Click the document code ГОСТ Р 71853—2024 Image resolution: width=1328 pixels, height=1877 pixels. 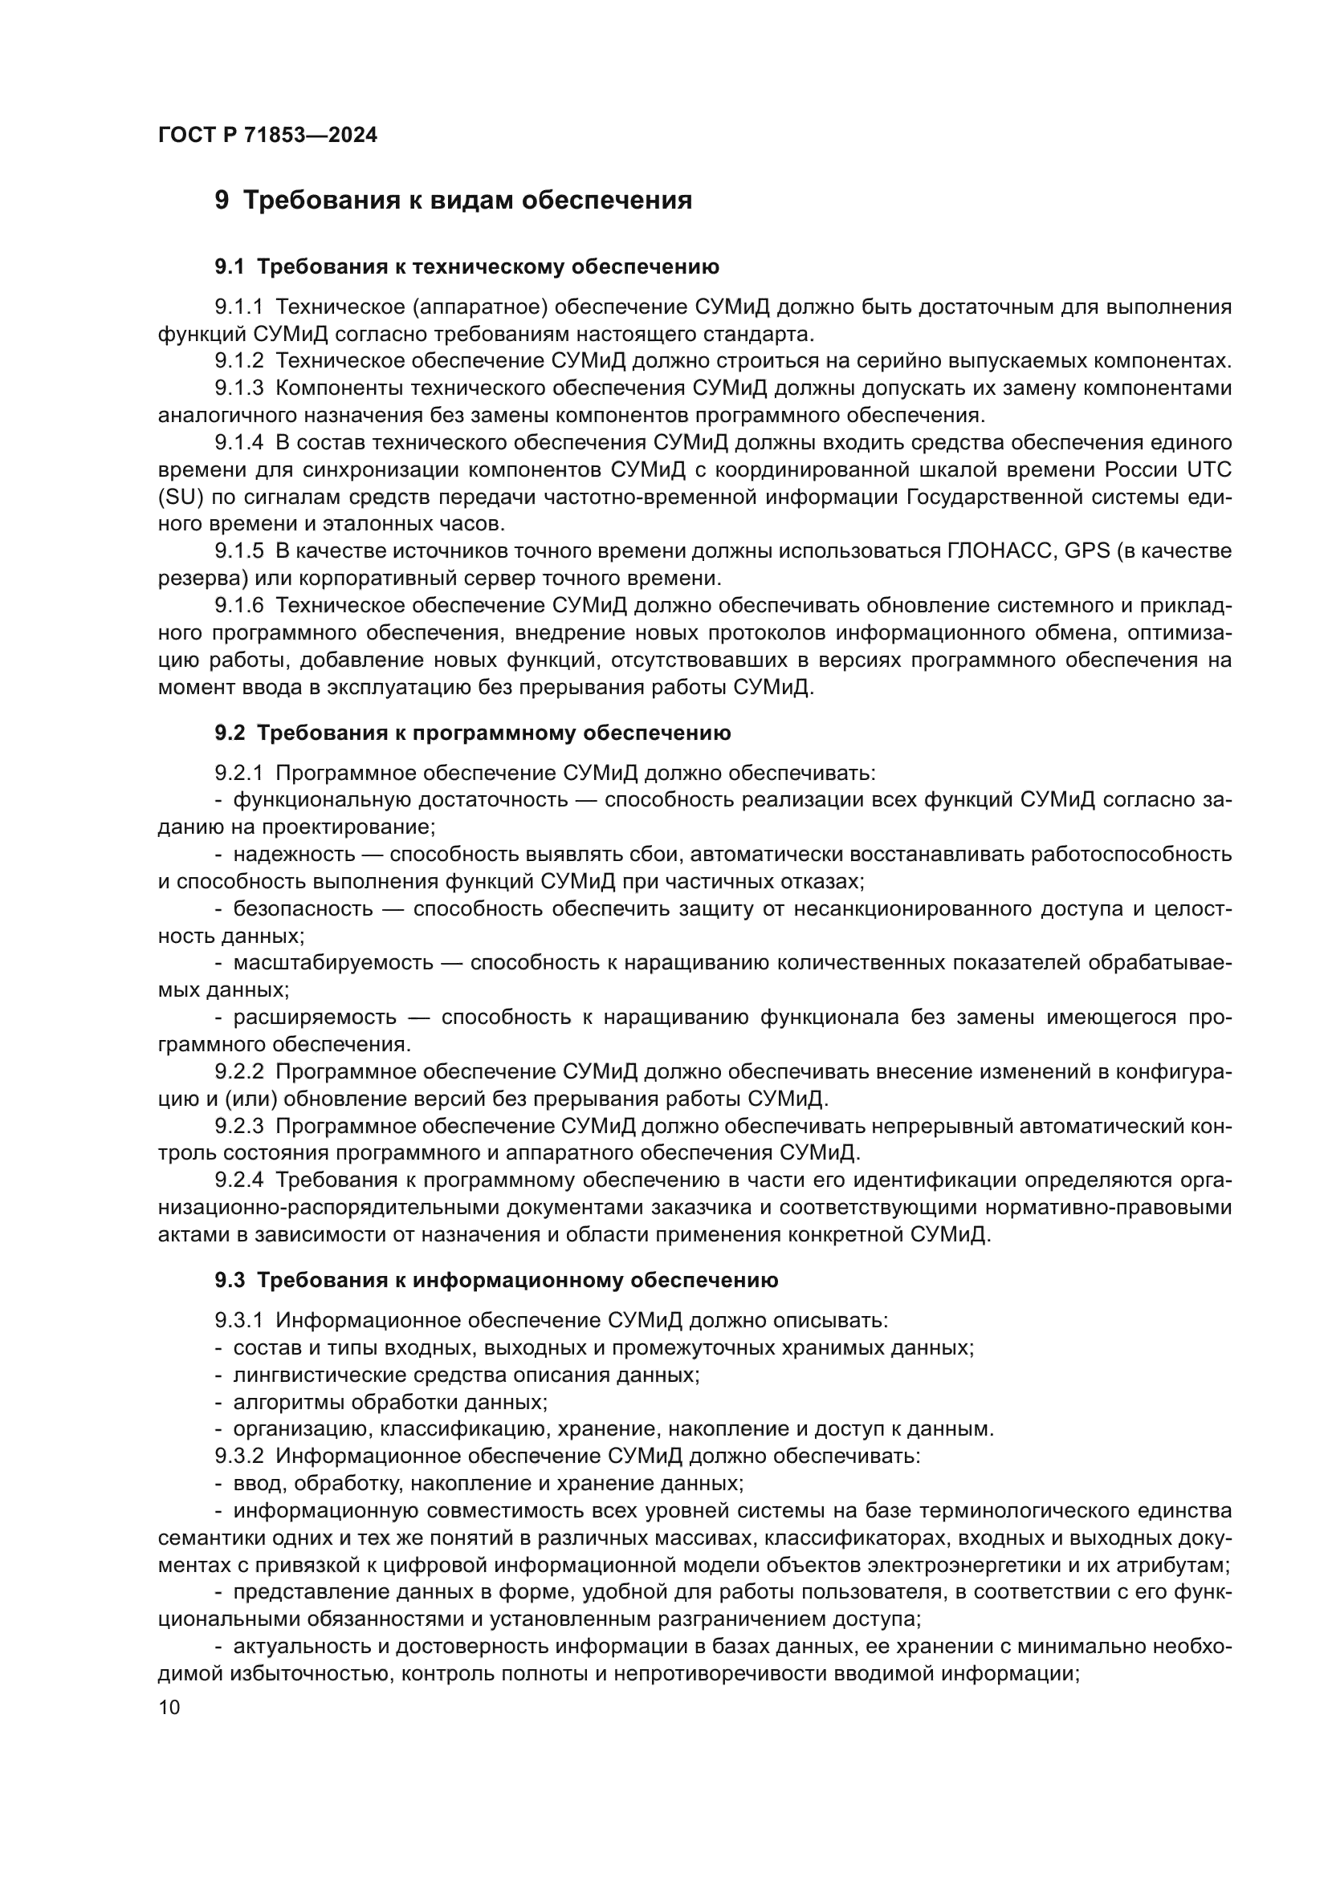click(x=267, y=136)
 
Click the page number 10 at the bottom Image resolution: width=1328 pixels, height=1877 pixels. click(x=169, y=1707)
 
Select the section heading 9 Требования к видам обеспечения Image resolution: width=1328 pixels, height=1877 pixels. click(x=453, y=201)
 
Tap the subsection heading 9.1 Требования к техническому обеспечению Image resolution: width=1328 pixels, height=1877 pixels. click(x=467, y=266)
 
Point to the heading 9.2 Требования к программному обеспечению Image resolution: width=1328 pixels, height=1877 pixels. click(x=473, y=733)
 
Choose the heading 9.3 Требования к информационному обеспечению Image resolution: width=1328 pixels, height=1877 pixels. click(x=496, y=1280)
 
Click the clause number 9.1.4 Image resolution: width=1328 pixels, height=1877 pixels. click(x=238, y=443)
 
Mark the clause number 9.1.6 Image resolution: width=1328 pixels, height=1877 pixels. click(x=238, y=606)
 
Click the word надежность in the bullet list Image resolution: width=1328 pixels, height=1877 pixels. click(x=295, y=855)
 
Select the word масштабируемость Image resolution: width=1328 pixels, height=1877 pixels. click(x=333, y=963)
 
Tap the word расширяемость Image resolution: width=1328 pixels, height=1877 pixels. click(x=315, y=1018)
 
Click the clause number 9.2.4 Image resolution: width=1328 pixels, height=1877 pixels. click(x=238, y=1180)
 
